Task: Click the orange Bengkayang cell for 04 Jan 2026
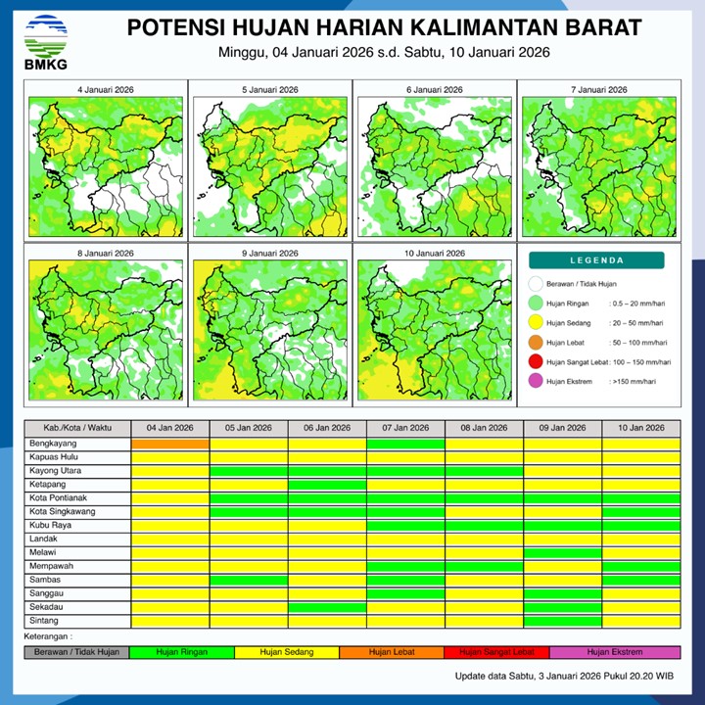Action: [170, 444]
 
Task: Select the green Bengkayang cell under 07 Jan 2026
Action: [405, 444]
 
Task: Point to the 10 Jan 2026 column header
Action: [640, 428]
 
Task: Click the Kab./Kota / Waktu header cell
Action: [77, 428]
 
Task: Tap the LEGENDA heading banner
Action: [597, 260]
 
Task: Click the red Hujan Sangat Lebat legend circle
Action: [535, 362]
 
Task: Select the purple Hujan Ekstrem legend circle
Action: [535, 382]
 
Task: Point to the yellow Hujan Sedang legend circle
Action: [535, 323]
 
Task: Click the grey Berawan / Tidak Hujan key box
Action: [76, 651]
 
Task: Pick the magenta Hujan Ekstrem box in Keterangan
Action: [615, 651]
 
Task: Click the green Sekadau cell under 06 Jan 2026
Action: [327, 607]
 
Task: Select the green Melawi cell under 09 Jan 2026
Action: [562, 552]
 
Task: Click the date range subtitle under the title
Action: [384, 52]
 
